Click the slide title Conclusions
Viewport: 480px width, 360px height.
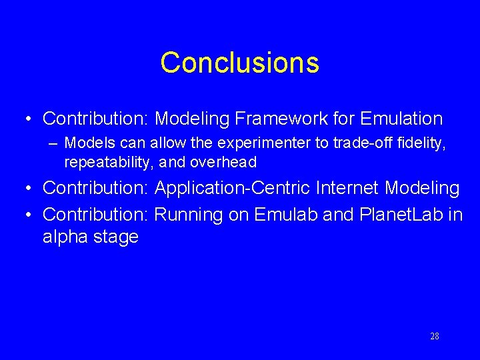tap(239, 63)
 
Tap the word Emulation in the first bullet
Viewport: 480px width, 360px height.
tap(401, 119)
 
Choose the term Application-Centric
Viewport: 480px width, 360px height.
tap(233, 188)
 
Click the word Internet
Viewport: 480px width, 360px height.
tap(349, 188)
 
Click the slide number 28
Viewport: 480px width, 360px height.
tap(434, 336)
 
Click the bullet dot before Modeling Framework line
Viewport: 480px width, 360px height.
tap(27, 119)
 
